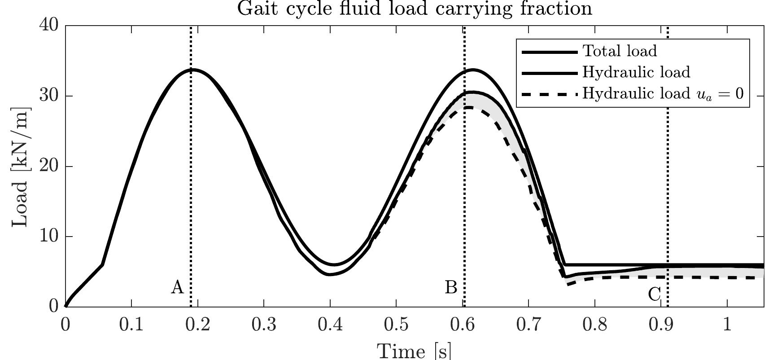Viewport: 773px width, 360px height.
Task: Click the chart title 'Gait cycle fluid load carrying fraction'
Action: pyautogui.click(x=414, y=9)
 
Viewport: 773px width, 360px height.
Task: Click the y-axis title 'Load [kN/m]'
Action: pyautogui.click(x=21, y=167)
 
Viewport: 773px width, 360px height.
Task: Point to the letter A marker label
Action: pyautogui.click(x=178, y=287)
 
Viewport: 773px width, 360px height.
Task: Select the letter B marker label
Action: pyautogui.click(x=451, y=287)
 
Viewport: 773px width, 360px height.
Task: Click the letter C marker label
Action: pyautogui.click(x=654, y=295)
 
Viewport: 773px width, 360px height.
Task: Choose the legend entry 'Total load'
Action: pyautogui.click(x=620, y=51)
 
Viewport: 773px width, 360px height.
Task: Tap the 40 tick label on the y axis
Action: pyautogui.click(x=49, y=25)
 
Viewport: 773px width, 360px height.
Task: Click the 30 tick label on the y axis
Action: pyautogui.click(x=49, y=96)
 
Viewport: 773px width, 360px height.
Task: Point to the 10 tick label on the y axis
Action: pyautogui.click(x=49, y=237)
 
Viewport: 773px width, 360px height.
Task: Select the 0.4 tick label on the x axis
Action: pyautogui.click(x=330, y=324)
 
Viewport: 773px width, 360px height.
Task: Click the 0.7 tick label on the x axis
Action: pyautogui.click(x=528, y=324)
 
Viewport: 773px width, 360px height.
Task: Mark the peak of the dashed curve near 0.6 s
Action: pyautogui.click(x=469, y=107)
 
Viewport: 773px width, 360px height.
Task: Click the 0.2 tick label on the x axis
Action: pyautogui.click(x=198, y=324)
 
